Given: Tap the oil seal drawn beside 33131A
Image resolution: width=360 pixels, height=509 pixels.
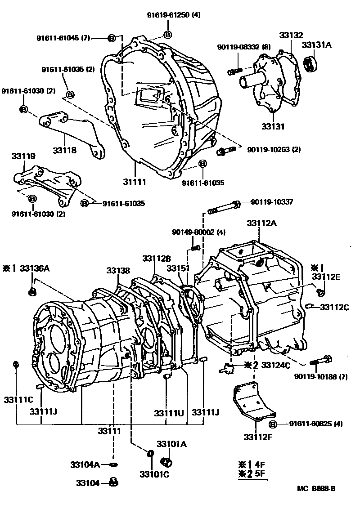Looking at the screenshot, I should click(x=310, y=64).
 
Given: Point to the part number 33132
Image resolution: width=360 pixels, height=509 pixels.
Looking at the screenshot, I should click(x=291, y=36).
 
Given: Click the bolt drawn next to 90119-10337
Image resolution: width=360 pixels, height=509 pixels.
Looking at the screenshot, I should click(x=224, y=207).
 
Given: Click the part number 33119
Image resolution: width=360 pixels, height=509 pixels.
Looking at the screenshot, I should click(x=23, y=156).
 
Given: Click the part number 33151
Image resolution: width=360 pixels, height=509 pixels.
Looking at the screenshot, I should click(x=176, y=268).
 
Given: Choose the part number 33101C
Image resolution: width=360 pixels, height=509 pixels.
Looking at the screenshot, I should click(x=153, y=475).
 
